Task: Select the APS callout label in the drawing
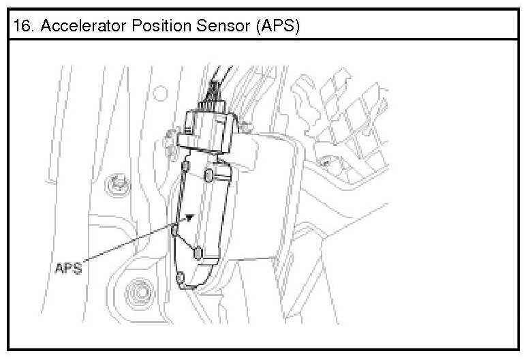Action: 67,268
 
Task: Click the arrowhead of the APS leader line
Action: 195,216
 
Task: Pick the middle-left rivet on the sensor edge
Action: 175,230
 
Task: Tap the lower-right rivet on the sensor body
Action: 199,254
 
